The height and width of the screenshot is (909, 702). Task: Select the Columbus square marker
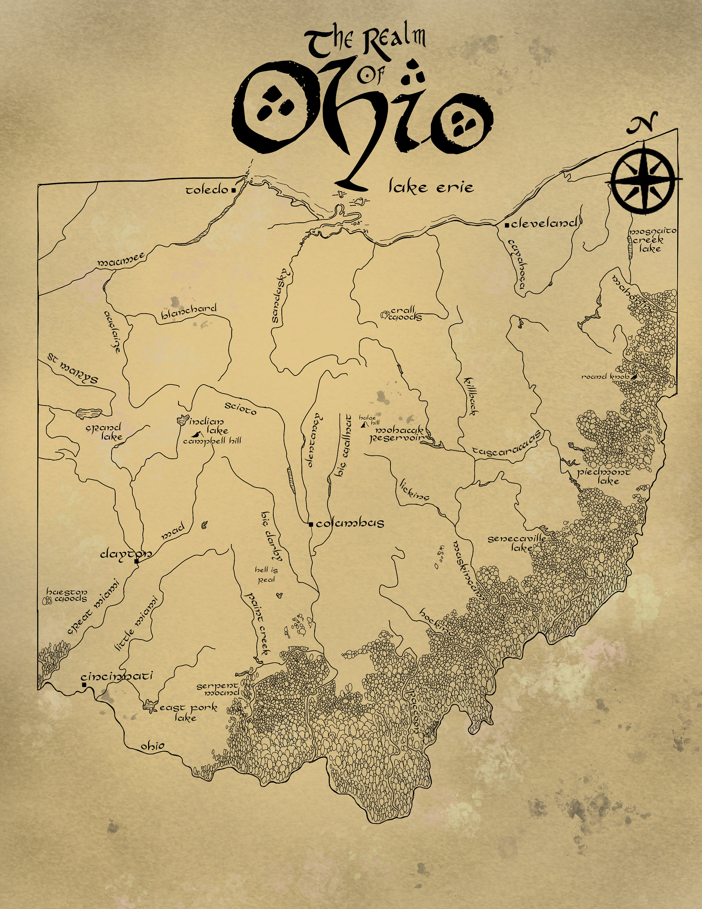pos(311,524)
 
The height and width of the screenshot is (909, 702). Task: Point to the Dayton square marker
pos(136,561)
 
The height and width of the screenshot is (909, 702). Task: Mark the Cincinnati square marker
pos(84,684)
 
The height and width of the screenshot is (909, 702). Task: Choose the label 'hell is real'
pos(266,574)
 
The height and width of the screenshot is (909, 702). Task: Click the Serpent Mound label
pos(218,689)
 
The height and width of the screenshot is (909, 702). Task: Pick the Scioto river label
pos(240,408)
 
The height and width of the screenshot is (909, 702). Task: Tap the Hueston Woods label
pos(67,595)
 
